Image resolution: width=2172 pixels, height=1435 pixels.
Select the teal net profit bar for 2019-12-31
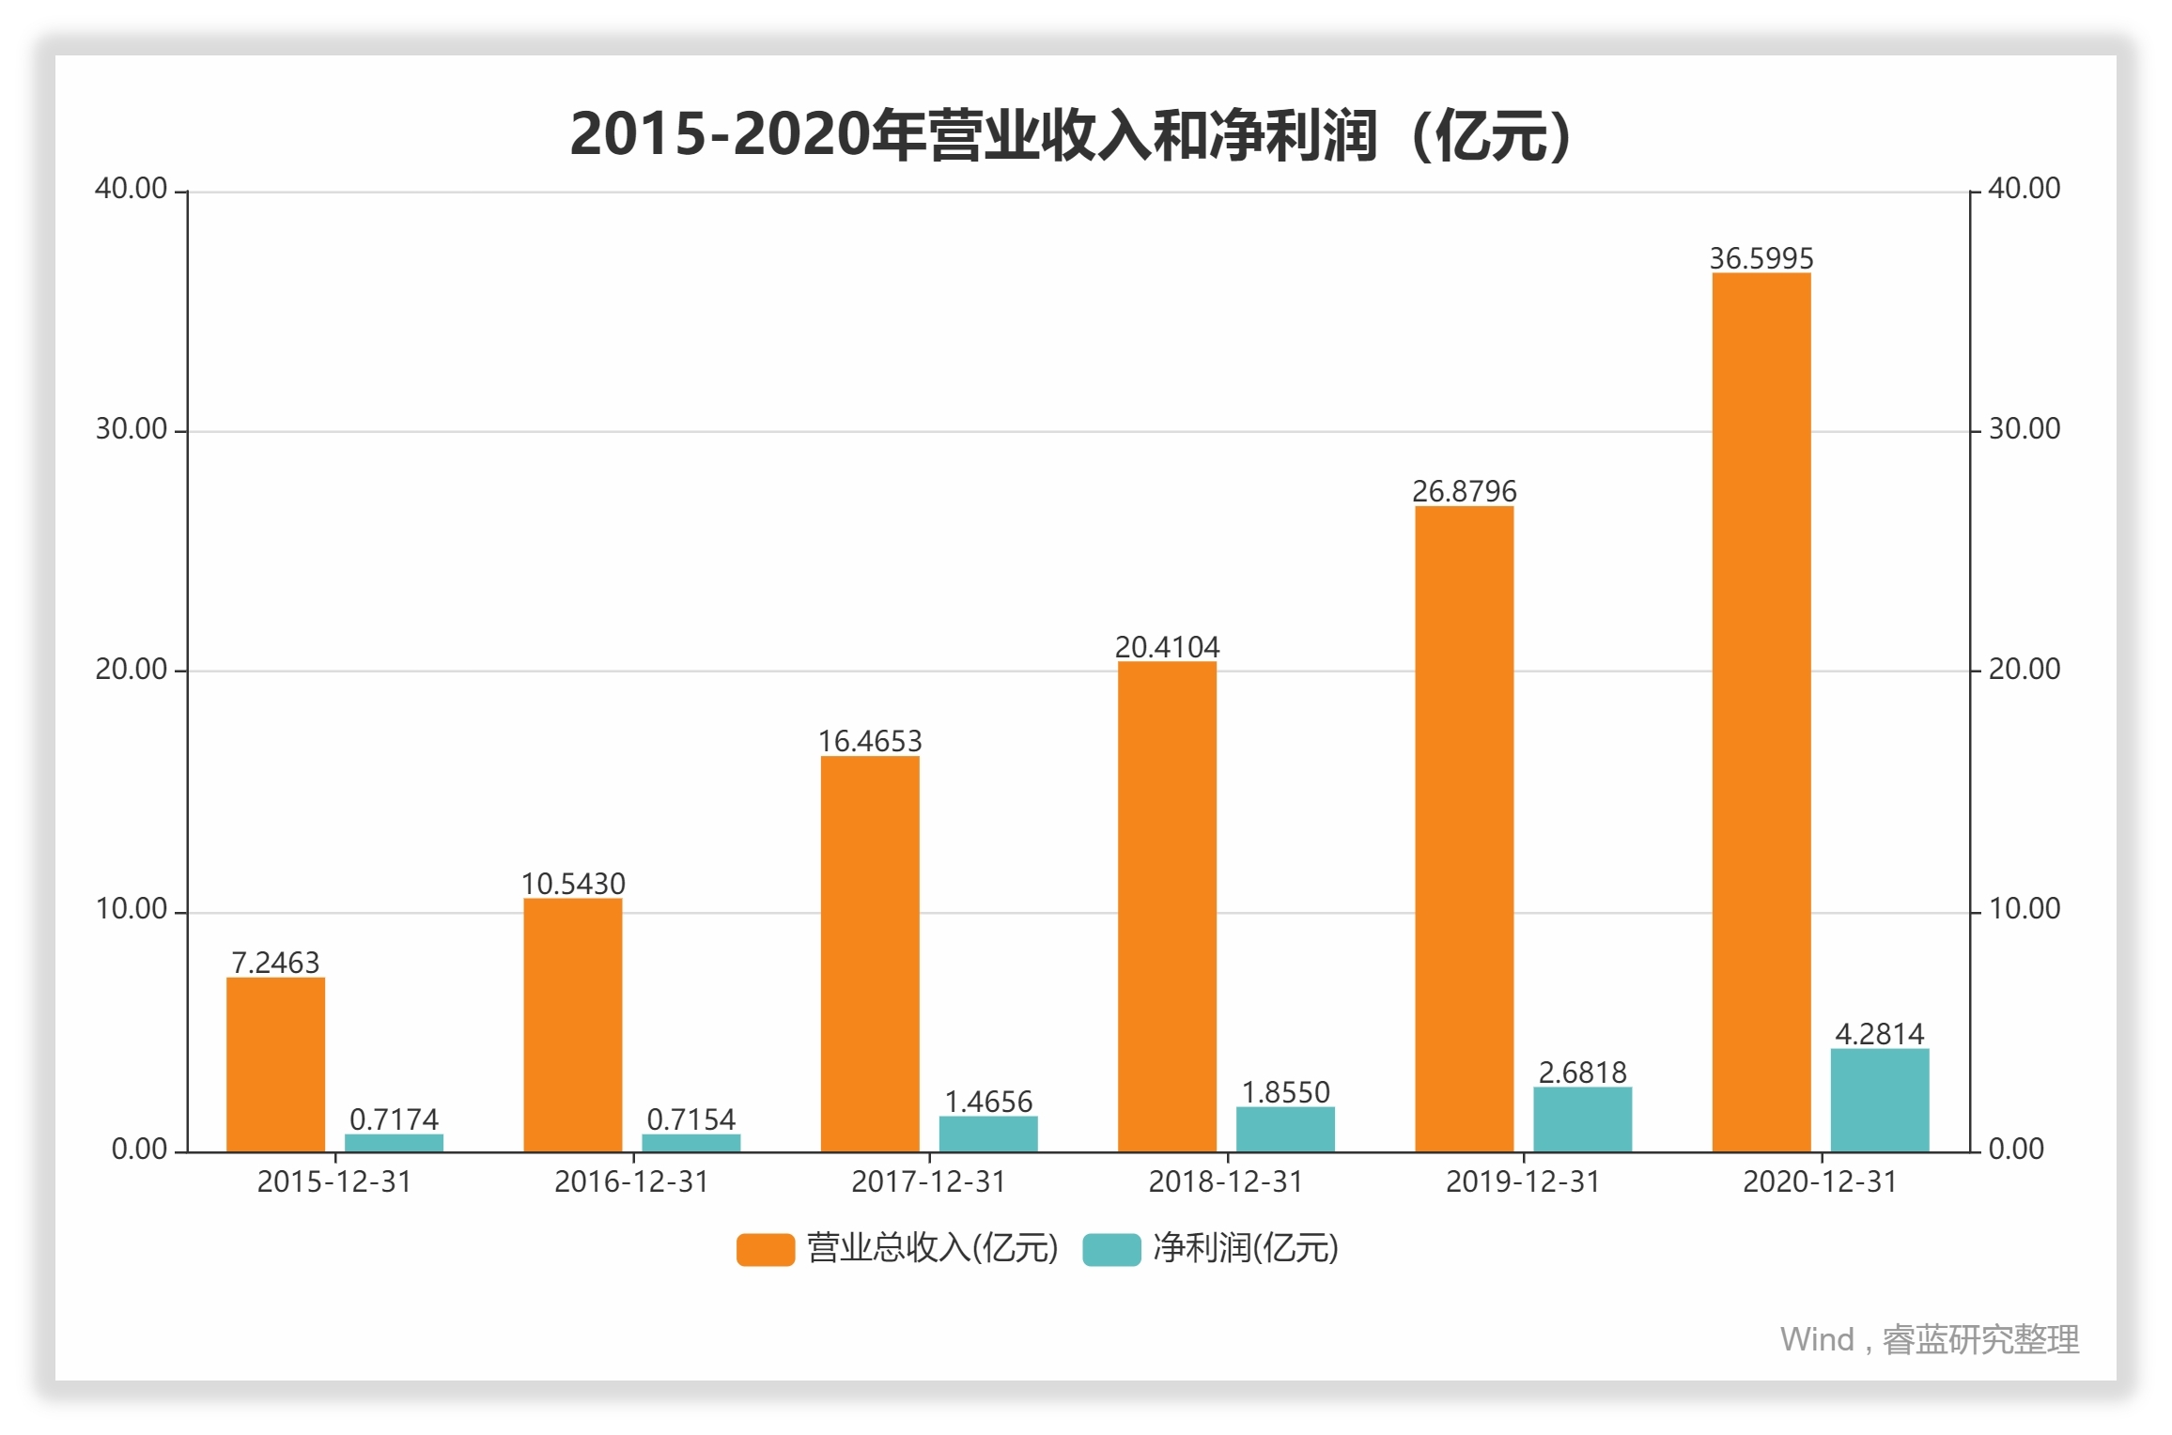[x=1582, y=1119]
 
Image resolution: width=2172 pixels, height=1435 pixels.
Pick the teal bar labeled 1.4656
[x=988, y=1134]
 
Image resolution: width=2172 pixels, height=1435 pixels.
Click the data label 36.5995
[x=1761, y=258]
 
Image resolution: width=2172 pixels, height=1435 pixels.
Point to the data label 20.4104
[x=1167, y=647]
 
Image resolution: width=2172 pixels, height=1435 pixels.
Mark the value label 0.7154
[x=690, y=1119]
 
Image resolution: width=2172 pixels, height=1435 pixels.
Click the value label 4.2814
[x=1879, y=1034]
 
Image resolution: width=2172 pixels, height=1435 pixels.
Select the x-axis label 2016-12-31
[x=631, y=1181]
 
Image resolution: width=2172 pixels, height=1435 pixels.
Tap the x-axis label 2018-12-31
[x=1226, y=1181]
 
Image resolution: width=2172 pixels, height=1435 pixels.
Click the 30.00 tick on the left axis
[x=131, y=429]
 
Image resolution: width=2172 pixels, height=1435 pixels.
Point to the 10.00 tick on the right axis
[x=2025, y=909]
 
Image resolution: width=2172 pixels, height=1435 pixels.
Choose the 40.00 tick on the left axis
[x=131, y=189]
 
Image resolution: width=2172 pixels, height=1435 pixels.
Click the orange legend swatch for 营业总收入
[x=765, y=1249]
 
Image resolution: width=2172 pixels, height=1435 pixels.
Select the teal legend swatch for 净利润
[x=1111, y=1249]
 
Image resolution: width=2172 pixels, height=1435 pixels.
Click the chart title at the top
[x=1071, y=134]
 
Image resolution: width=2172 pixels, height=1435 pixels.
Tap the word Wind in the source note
[x=1816, y=1339]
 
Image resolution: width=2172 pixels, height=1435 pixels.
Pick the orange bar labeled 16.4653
[x=870, y=953]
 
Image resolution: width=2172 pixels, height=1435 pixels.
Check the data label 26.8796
[x=1464, y=491]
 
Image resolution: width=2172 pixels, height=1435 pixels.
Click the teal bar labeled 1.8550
[x=1285, y=1129]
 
